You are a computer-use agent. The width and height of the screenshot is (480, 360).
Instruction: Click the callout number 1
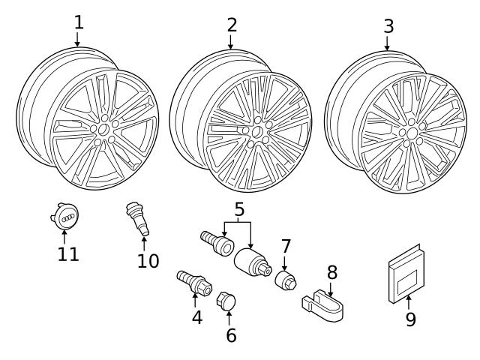pyautogui.click(x=78, y=22)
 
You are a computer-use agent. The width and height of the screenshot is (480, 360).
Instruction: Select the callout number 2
pyautogui.click(x=232, y=25)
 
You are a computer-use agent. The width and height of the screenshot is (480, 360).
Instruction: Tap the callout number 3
pyautogui.click(x=388, y=26)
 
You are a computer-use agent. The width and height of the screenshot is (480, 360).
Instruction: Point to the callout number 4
pyautogui.click(x=196, y=317)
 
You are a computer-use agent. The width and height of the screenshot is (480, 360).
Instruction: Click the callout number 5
pyautogui.click(x=239, y=209)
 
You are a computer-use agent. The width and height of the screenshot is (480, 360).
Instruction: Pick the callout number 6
pyautogui.click(x=231, y=335)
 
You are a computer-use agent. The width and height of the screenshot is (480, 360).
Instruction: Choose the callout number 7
pyautogui.click(x=285, y=247)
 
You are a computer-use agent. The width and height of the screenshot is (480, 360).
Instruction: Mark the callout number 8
pyautogui.click(x=331, y=272)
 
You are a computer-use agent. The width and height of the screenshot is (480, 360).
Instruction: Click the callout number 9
pyautogui.click(x=410, y=319)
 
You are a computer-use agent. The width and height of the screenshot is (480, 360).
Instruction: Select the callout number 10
pyautogui.click(x=148, y=260)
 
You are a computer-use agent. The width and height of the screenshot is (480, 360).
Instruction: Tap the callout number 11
pyautogui.click(x=68, y=254)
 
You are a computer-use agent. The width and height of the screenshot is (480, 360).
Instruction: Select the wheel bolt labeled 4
pyautogui.click(x=193, y=283)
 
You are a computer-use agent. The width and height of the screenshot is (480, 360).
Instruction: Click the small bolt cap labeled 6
pyautogui.click(x=226, y=302)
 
